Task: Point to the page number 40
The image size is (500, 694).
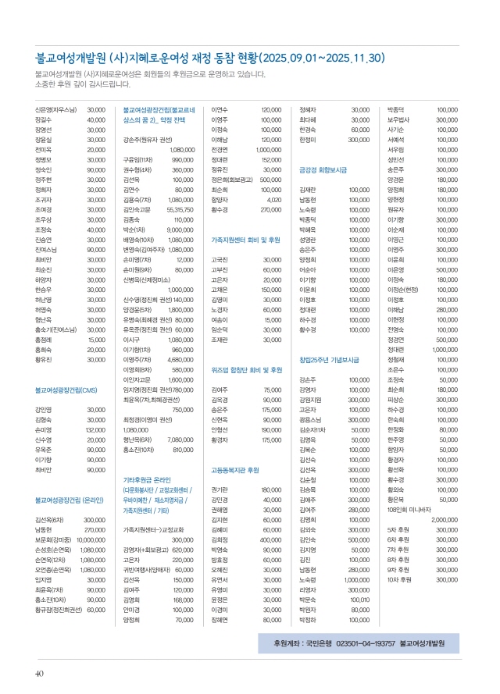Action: (38, 674)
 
